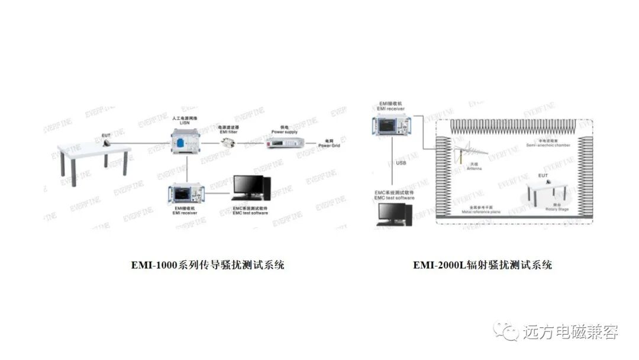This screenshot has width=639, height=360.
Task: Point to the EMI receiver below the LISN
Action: (x=185, y=193)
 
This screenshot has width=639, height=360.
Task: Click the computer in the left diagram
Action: (x=251, y=189)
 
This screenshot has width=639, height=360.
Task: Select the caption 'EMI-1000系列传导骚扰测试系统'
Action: (x=208, y=265)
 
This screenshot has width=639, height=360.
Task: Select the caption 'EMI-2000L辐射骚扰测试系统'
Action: (x=482, y=265)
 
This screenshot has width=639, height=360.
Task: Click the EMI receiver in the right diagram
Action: (x=392, y=126)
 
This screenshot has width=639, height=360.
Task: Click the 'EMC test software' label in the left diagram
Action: (x=250, y=212)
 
